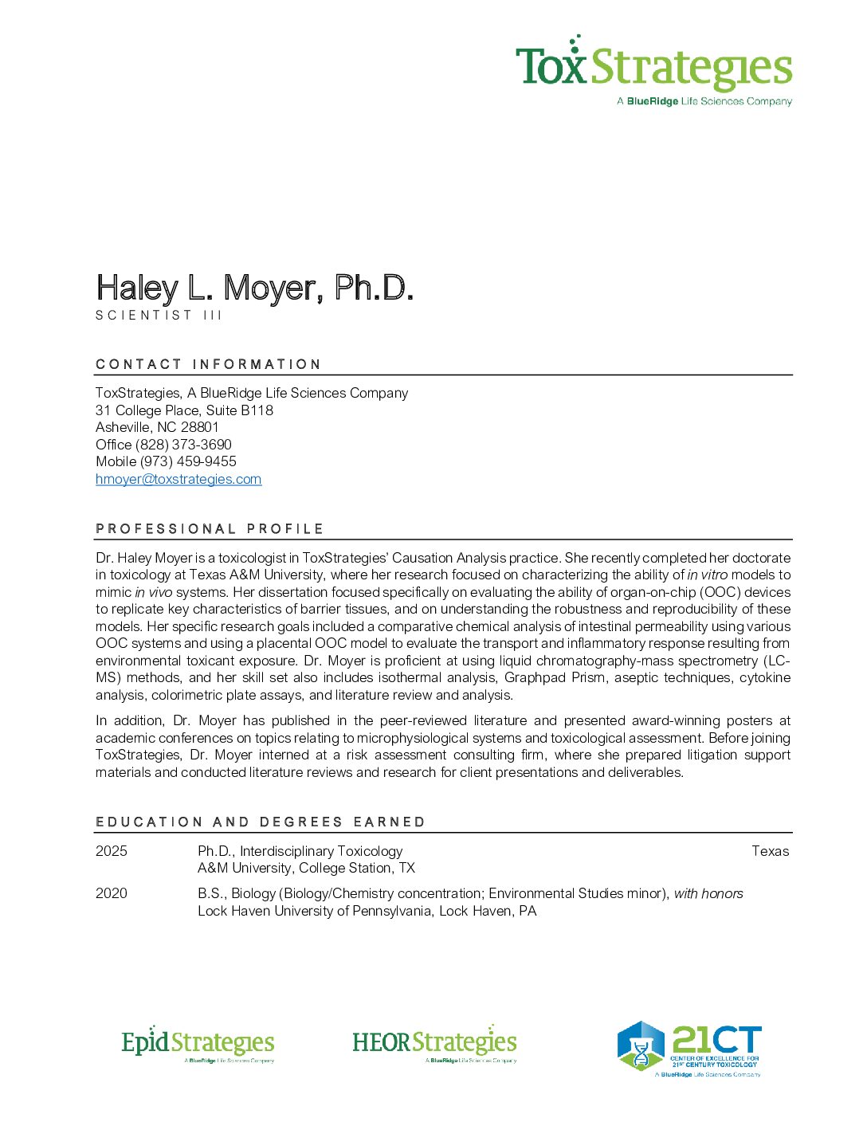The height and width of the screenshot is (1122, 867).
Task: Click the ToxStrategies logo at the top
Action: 653,70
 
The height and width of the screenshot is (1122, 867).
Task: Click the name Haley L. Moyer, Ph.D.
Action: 254,288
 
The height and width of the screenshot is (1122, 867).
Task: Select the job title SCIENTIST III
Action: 159,316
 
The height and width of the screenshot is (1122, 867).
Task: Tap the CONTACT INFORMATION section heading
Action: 208,364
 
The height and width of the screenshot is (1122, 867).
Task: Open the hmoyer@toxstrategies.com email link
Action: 178,479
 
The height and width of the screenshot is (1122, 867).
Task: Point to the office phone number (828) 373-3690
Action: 183,445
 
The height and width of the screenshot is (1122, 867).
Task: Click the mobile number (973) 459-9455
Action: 188,461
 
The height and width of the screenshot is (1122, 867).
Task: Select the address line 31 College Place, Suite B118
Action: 184,410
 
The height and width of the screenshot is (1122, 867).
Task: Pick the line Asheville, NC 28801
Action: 157,427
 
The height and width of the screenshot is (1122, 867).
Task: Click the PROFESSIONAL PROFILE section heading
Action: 210,529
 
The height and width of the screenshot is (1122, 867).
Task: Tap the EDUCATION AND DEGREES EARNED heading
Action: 261,822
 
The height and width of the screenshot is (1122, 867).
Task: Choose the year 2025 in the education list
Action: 112,851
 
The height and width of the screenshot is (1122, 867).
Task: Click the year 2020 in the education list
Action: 112,893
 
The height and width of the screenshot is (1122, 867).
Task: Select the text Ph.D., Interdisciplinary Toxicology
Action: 300,851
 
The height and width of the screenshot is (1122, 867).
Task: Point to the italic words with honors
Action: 708,893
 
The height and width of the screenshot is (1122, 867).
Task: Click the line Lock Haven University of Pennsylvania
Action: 367,911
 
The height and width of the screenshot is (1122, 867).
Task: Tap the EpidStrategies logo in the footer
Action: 198,1045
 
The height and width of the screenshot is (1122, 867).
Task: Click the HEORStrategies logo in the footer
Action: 434,1044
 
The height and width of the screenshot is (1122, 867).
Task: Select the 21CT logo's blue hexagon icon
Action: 641,1045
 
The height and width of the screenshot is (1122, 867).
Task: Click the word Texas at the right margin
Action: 770,851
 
